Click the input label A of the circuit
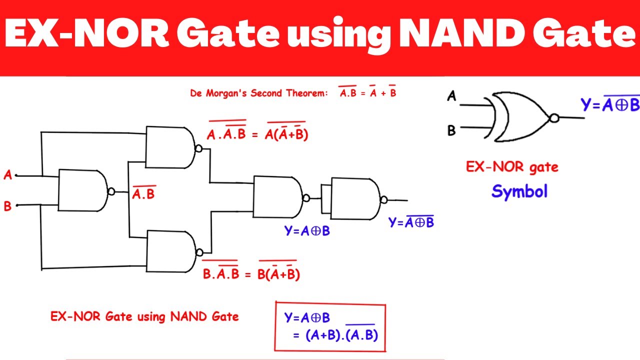(x=7, y=175)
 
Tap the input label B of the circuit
(x=7, y=205)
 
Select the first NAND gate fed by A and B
(x=82, y=190)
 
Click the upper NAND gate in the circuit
(x=170, y=147)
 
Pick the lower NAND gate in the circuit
(x=170, y=251)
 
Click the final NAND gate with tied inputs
(x=355, y=198)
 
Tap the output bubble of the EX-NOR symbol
(x=553, y=118)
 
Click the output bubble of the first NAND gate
(x=111, y=191)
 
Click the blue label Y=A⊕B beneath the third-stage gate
(x=307, y=231)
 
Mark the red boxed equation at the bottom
(x=330, y=326)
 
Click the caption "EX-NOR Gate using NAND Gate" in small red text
(x=144, y=316)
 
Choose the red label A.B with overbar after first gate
(x=144, y=194)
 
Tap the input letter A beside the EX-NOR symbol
(x=452, y=96)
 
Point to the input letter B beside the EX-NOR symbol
(x=451, y=131)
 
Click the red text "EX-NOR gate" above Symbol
(x=512, y=167)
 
